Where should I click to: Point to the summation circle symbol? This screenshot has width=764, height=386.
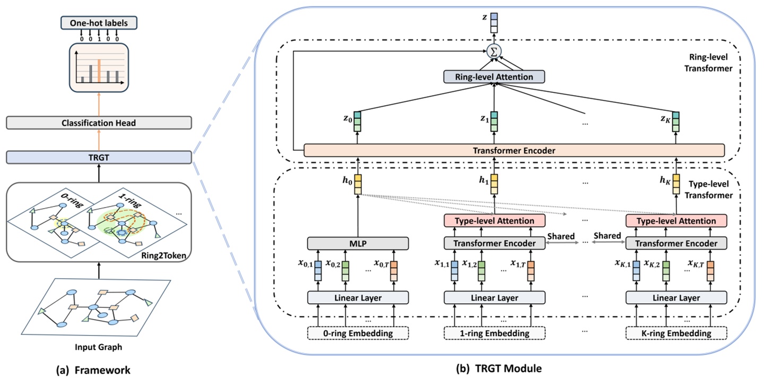coord(494,52)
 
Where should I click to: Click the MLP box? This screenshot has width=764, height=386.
coord(358,243)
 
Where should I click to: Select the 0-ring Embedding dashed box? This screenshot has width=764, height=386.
coord(358,333)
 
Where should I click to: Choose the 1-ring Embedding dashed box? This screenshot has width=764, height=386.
coord(494,333)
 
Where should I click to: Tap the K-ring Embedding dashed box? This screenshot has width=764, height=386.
coord(676,333)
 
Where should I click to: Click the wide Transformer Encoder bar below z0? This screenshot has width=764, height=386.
coord(514,150)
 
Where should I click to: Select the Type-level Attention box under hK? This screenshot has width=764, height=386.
coord(676,220)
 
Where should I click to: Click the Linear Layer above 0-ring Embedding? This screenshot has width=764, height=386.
coord(358,298)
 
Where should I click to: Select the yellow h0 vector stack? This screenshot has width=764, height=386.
coord(358,184)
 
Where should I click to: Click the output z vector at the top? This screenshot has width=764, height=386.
coord(494,23)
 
